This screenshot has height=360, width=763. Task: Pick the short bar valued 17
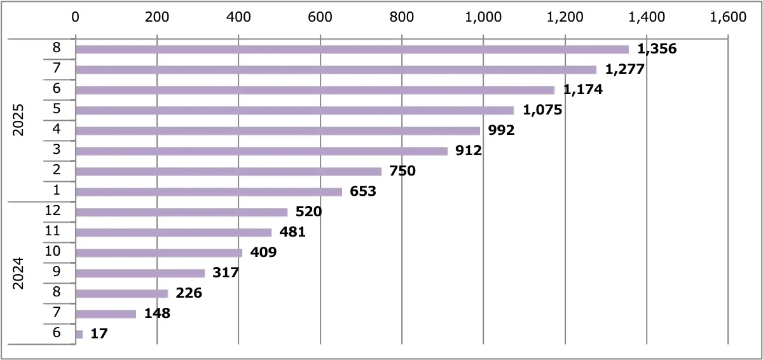79,335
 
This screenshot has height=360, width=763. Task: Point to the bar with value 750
228,172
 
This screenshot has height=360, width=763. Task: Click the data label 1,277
626,69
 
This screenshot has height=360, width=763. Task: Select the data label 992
502,130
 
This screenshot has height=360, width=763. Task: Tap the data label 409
263,252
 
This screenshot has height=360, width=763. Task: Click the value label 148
157,313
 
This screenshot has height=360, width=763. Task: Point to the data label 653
363,191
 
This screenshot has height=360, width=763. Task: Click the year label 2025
18,120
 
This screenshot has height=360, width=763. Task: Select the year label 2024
18,273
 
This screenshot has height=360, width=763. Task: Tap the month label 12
53,210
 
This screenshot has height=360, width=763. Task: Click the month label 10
53,251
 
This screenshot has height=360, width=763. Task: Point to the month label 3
57,149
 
